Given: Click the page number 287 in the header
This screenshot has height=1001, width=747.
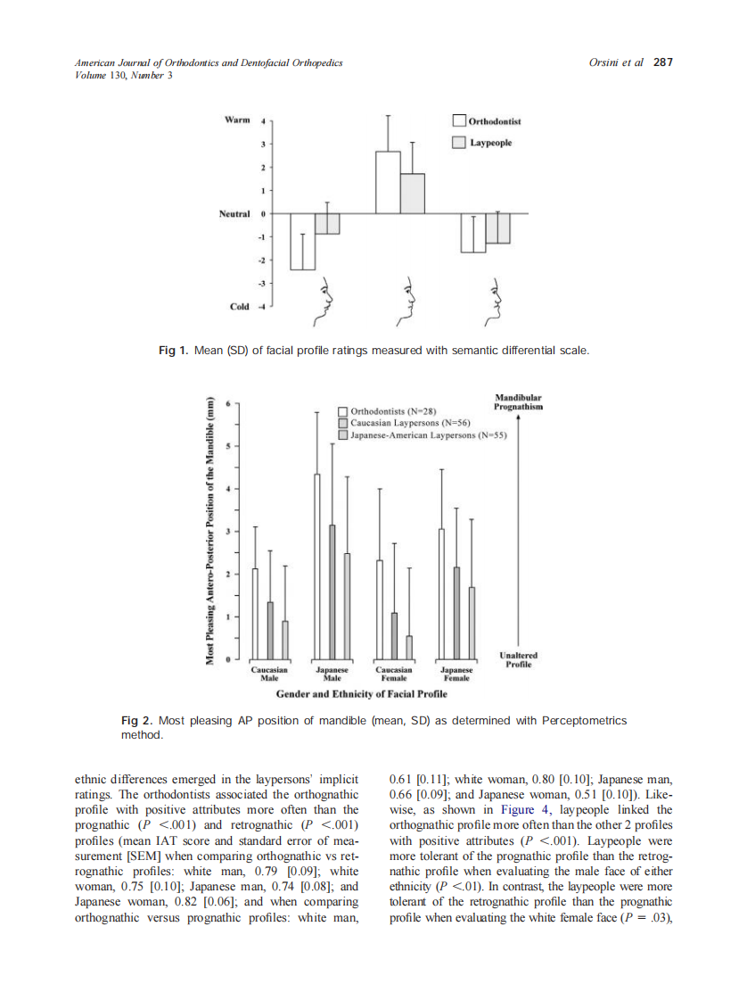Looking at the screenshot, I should coord(662,62).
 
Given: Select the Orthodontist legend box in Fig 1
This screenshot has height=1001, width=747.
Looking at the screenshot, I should coord(459,120).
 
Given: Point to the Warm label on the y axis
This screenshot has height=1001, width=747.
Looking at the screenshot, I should coord(236,120).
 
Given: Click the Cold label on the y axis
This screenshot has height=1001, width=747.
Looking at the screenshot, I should coord(239,306).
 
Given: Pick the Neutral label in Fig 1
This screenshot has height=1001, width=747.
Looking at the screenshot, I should coord(234,214).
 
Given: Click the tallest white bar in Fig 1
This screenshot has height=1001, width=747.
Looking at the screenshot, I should coord(387,183).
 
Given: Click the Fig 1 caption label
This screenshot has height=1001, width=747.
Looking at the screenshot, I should coord(173,352).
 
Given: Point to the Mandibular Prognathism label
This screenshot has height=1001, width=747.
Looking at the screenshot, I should coord(518,401).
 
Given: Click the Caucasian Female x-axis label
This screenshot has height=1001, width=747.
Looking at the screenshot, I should coord(393,674).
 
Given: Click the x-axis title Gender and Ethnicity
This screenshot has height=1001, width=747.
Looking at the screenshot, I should coord(361,693).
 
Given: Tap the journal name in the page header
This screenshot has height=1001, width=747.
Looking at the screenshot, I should coord(209,63).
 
